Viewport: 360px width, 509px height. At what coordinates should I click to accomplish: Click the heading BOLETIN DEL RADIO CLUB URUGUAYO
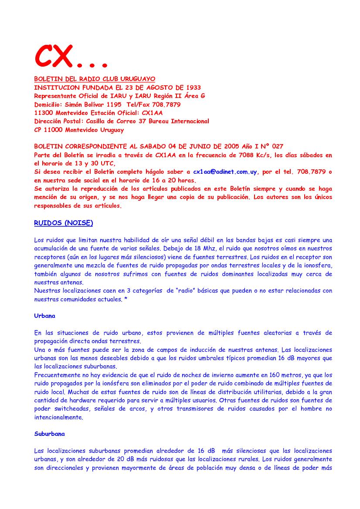tap(95, 79)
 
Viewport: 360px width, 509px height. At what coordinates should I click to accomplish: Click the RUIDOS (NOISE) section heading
tap(64, 223)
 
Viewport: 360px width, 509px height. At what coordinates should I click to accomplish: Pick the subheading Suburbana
tap(50, 434)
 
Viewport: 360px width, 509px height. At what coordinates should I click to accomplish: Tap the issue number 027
tap(277, 147)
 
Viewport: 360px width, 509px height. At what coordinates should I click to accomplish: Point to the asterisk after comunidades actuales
tap(126, 299)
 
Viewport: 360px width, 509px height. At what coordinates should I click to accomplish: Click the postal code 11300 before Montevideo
tap(43, 113)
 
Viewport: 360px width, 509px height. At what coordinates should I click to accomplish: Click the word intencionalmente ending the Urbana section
tap(59, 417)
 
